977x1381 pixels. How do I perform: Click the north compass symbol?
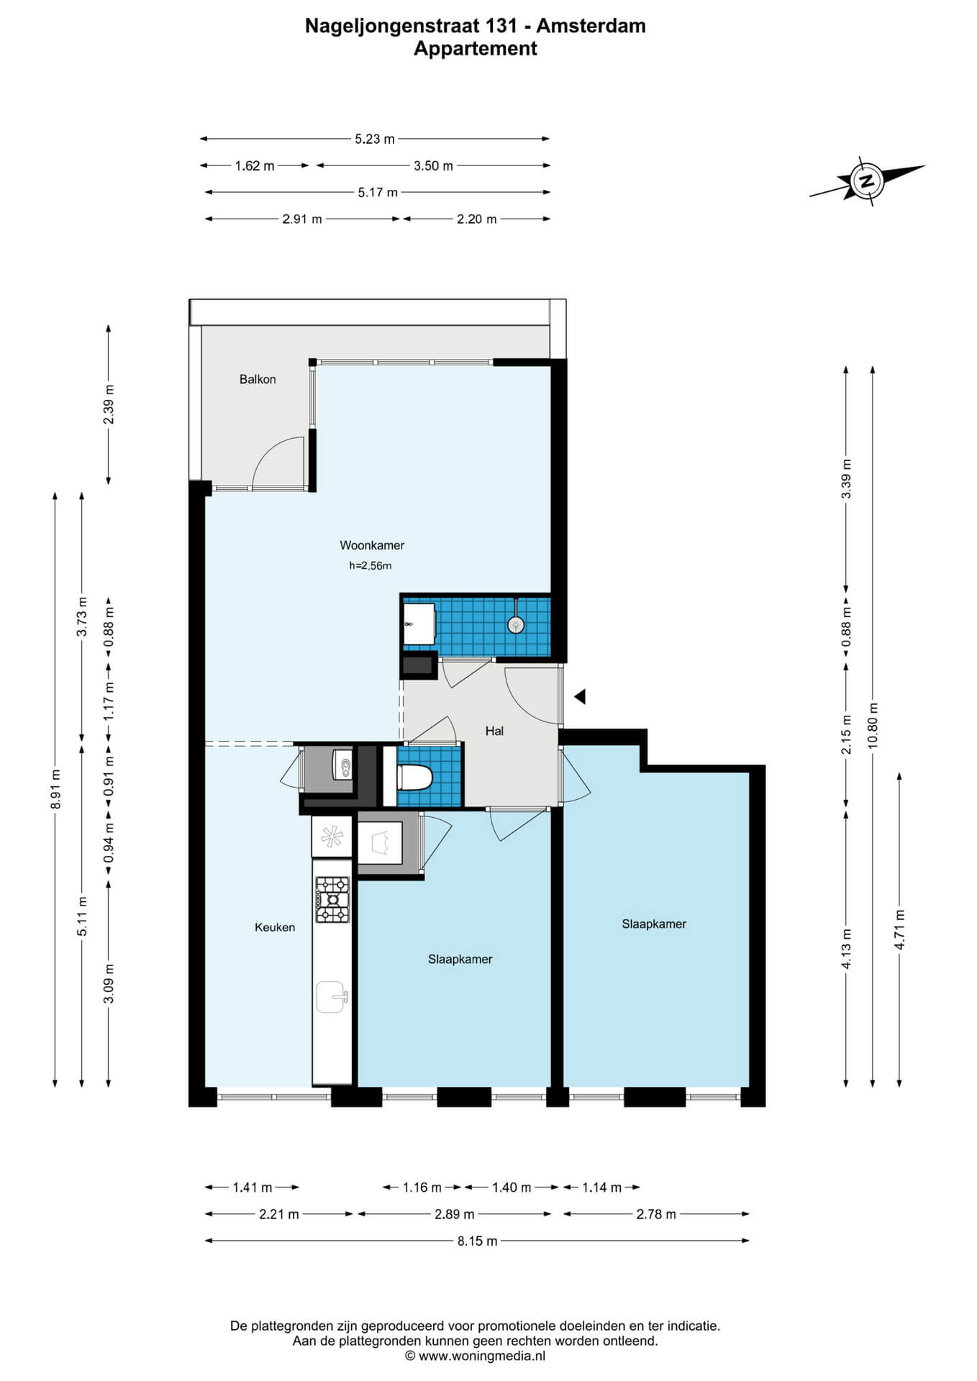[867, 181]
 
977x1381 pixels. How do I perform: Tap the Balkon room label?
[258, 379]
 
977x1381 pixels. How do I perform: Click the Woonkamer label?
[372, 545]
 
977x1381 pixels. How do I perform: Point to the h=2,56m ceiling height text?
[371, 565]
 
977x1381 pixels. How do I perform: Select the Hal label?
[494, 731]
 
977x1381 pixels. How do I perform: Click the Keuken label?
[275, 927]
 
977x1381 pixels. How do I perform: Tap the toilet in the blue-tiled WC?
[414, 777]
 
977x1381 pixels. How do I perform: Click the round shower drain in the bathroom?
[516, 624]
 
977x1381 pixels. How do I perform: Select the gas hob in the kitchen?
[332, 899]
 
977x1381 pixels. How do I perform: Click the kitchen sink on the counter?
[332, 997]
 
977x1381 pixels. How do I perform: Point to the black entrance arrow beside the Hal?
[580, 696]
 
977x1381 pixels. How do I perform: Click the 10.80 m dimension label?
[873, 725]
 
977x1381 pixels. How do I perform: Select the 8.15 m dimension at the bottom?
[477, 1241]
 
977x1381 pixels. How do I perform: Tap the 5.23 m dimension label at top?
[375, 139]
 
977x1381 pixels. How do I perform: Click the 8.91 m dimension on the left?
[55, 789]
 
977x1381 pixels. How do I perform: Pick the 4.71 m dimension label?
[899, 929]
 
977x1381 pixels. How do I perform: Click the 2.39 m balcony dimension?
[109, 405]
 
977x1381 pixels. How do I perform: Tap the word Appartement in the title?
[476, 48]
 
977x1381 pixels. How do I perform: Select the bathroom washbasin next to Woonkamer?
[419, 624]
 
